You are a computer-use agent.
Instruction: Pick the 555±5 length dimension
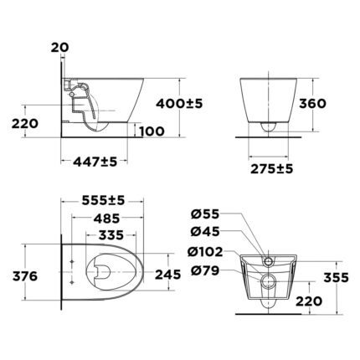(x=104, y=202)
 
